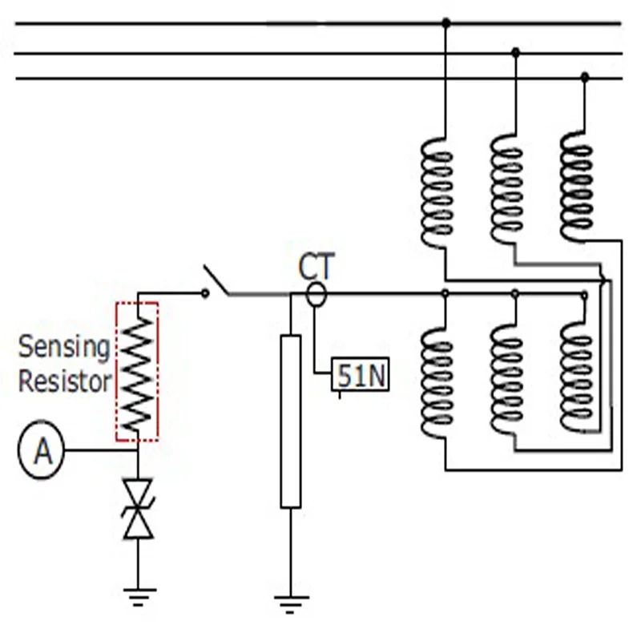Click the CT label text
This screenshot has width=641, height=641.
coord(316,267)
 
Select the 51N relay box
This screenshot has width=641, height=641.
coord(360,374)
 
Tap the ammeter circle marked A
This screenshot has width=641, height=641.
coord(42,450)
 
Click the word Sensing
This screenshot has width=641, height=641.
coord(64,348)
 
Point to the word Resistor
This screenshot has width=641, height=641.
coord(65,381)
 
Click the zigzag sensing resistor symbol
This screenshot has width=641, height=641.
coord(137,373)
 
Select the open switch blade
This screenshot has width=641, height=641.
coord(216,280)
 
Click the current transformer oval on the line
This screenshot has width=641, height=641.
coord(316,294)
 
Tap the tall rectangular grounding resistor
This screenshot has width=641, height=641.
coord(291,421)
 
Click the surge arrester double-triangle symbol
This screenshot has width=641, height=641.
coord(138,510)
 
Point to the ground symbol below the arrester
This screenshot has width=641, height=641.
coord(139,597)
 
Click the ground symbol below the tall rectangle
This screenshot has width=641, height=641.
coord(291,605)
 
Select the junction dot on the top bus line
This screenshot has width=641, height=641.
coord(446,22)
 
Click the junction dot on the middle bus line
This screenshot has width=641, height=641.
coord(515,52)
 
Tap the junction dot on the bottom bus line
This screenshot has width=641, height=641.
coord(585,76)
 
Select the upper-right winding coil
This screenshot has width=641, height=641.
coord(576,186)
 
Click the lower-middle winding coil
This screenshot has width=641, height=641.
coord(507,379)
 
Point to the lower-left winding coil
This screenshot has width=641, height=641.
coord(437,383)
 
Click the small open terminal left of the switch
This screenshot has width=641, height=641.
coord(205,293)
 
